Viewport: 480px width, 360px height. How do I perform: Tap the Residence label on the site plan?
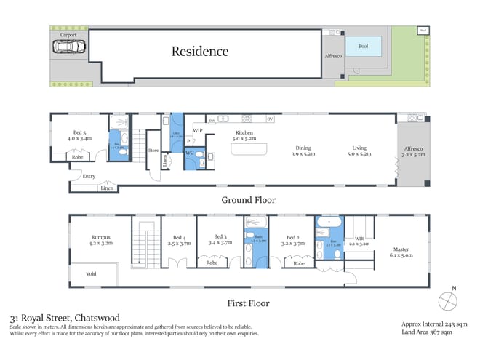[199, 51]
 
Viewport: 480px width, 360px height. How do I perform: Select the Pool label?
[362, 47]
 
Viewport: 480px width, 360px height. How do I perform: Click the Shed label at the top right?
[423, 31]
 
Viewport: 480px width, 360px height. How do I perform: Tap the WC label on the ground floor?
[188, 153]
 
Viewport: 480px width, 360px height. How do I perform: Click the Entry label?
[89, 176]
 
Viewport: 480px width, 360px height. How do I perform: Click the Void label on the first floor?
[91, 274]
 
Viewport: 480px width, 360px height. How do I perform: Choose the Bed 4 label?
[179, 240]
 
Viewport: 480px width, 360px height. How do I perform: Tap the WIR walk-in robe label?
[359, 241]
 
